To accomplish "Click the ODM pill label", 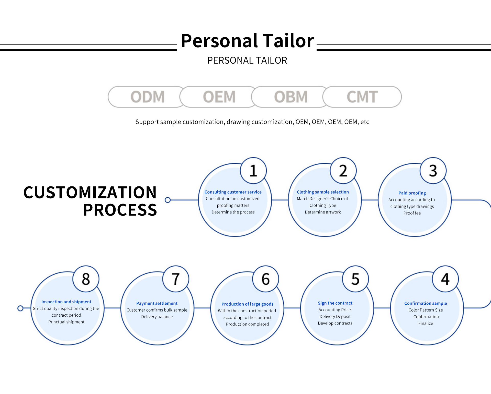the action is click(148, 97).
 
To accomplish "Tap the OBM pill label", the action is click(291, 97).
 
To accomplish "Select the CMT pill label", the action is click(362, 97).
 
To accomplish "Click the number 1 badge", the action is click(253, 171).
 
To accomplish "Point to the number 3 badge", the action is click(433, 171).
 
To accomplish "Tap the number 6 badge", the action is click(266, 279).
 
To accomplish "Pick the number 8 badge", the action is click(86, 279).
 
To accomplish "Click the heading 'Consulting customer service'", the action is click(233, 192).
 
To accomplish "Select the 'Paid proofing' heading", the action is click(412, 193).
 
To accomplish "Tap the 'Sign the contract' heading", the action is click(335, 303).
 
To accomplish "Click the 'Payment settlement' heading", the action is click(157, 303).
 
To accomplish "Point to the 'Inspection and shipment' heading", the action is click(66, 302).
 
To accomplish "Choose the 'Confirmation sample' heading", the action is click(426, 303).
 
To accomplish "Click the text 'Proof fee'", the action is click(412, 213).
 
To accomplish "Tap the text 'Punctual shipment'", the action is click(66, 322).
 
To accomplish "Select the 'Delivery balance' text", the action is click(157, 317).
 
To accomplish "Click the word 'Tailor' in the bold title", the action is click(288, 41).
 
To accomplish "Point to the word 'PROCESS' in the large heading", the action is click(120, 210).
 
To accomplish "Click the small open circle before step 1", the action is click(168, 200).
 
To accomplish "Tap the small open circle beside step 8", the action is click(20, 308).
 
